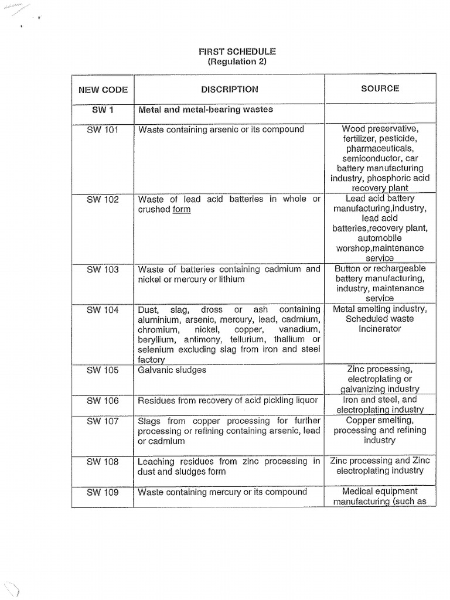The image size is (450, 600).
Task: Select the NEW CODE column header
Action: click(103, 90)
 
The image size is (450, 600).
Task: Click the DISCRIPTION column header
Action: click(229, 90)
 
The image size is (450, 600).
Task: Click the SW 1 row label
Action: click(103, 110)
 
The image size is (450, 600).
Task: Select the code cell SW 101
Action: click(103, 129)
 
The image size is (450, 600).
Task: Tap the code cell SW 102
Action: click(103, 199)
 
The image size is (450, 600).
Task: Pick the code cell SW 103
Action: click(103, 270)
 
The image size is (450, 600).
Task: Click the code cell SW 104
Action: click(103, 309)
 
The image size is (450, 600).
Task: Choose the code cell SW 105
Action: click(103, 370)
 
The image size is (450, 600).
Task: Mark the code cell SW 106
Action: click(103, 401)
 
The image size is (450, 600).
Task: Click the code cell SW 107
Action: click(103, 421)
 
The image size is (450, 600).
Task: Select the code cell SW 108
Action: click(103, 462)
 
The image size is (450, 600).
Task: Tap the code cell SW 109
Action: click(103, 492)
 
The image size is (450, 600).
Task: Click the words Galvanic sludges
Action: click(172, 370)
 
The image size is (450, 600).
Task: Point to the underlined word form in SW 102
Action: click(181, 210)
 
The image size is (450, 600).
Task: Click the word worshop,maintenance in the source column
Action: click(380, 248)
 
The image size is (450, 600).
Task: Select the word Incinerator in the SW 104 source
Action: click(380, 329)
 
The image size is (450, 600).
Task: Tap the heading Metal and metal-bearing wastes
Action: click(205, 110)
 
